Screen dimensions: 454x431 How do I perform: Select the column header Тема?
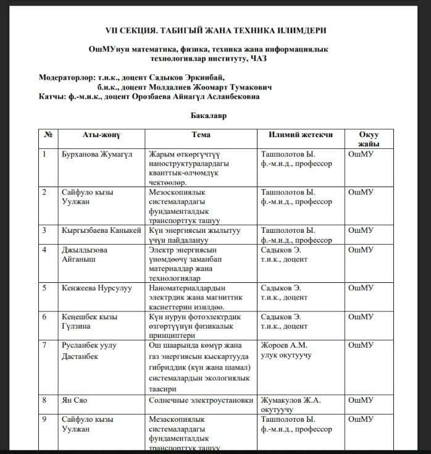(x=201, y=135)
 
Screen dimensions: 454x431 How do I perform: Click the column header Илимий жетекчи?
(x=301, y=135)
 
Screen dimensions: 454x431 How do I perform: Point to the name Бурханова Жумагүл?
(x=97, y=154)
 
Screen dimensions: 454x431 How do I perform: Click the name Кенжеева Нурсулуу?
(x=96, y=288)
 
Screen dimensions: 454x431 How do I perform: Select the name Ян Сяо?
(x=74, y=400)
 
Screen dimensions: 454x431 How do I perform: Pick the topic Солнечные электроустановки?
(x=201, y=400)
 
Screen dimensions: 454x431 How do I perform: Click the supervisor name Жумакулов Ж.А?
(x=294, y=400)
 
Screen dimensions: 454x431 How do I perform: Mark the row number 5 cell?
(x=44, y=288)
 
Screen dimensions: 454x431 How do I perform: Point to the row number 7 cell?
(x=44, y=345)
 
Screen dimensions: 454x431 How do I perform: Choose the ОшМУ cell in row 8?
(x=361, y=400)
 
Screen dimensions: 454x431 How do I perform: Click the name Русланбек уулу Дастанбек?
(x=89, y=350)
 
